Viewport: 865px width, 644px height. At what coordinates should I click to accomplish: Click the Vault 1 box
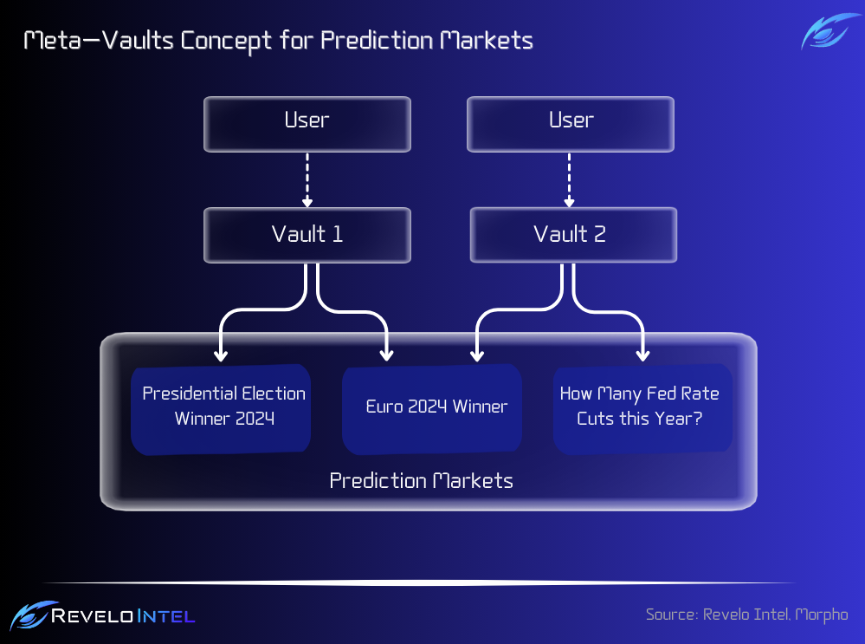point(307,235)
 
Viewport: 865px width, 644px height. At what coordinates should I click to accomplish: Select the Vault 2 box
point(573,235)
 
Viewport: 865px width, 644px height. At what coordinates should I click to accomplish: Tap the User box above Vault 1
point(307,124)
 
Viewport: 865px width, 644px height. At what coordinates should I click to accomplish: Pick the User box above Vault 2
point(571,124)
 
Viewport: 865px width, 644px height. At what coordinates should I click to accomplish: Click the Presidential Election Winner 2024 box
point(221,409)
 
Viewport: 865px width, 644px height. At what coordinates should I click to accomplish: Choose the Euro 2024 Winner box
point(432,409)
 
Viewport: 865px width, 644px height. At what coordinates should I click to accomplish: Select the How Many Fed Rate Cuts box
point(642,409)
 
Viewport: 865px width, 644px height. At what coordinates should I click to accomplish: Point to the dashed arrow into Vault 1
point(307,180)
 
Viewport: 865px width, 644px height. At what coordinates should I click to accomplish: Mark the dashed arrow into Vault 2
point(570,180)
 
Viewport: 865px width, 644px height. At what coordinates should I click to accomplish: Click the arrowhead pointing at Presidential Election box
point(221,355)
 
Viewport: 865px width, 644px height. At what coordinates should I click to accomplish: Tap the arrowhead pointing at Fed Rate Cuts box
point(642,355)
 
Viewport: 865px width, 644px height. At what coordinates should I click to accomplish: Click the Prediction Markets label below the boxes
point(421,480)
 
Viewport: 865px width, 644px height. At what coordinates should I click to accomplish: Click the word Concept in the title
point(226,42)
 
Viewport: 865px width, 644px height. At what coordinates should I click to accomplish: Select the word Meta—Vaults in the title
point(100,41)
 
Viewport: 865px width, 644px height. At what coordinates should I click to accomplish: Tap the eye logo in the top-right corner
point(829,31)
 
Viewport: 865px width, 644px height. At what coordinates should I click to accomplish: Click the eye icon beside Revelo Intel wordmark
point(32,615)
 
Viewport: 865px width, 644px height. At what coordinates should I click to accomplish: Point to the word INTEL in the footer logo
point(166,616)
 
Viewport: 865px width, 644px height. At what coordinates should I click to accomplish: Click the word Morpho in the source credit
point(822,615)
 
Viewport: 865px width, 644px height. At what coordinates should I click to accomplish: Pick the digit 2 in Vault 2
point(600,234)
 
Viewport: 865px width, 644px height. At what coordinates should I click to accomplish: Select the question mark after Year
point(698,418)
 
